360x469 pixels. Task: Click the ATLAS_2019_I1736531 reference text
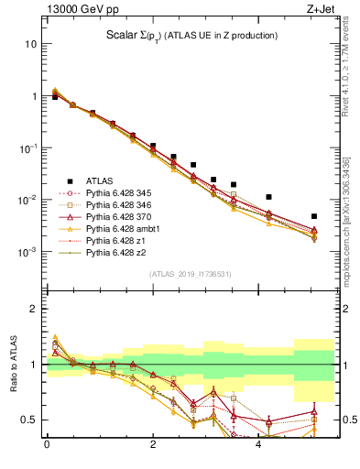click(182, 274)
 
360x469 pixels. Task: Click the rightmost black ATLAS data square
click(314, 216)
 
